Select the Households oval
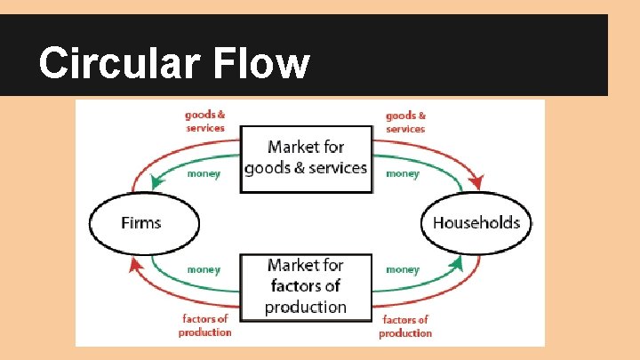[476, 221]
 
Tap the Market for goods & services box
[306, 157]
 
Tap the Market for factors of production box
[306, 286]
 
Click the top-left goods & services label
[205, 121]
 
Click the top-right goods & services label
[405, 121]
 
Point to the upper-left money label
[204, 174]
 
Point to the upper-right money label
[403, 174]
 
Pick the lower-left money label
[204, 268]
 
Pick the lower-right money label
[403, 268]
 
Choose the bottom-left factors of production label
[204, 325]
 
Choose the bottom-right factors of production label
[405, 326]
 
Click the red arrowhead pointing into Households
[476, 183]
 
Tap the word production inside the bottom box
[306, 307]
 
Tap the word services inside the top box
[335, 167]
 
